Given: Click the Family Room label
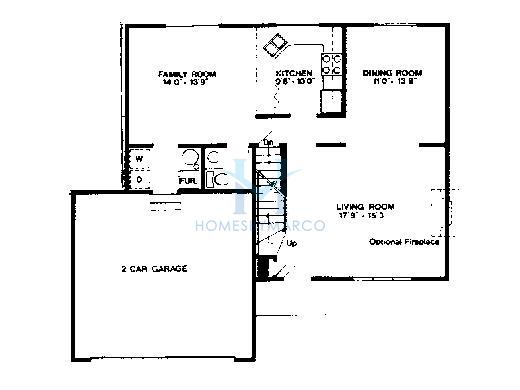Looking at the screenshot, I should (x=188, y=75).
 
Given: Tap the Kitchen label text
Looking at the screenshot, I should (x=295, y=75).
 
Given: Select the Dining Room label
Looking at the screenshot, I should (x=392, y=74).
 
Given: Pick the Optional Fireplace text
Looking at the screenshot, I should (x=404, y=242).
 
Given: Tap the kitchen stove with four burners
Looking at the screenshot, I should (x=333, y=66).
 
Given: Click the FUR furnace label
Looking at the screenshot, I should (x=187, y=181).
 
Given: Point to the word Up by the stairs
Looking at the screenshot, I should (x=291, y=243).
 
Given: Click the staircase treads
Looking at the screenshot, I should (x=269, y=200).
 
